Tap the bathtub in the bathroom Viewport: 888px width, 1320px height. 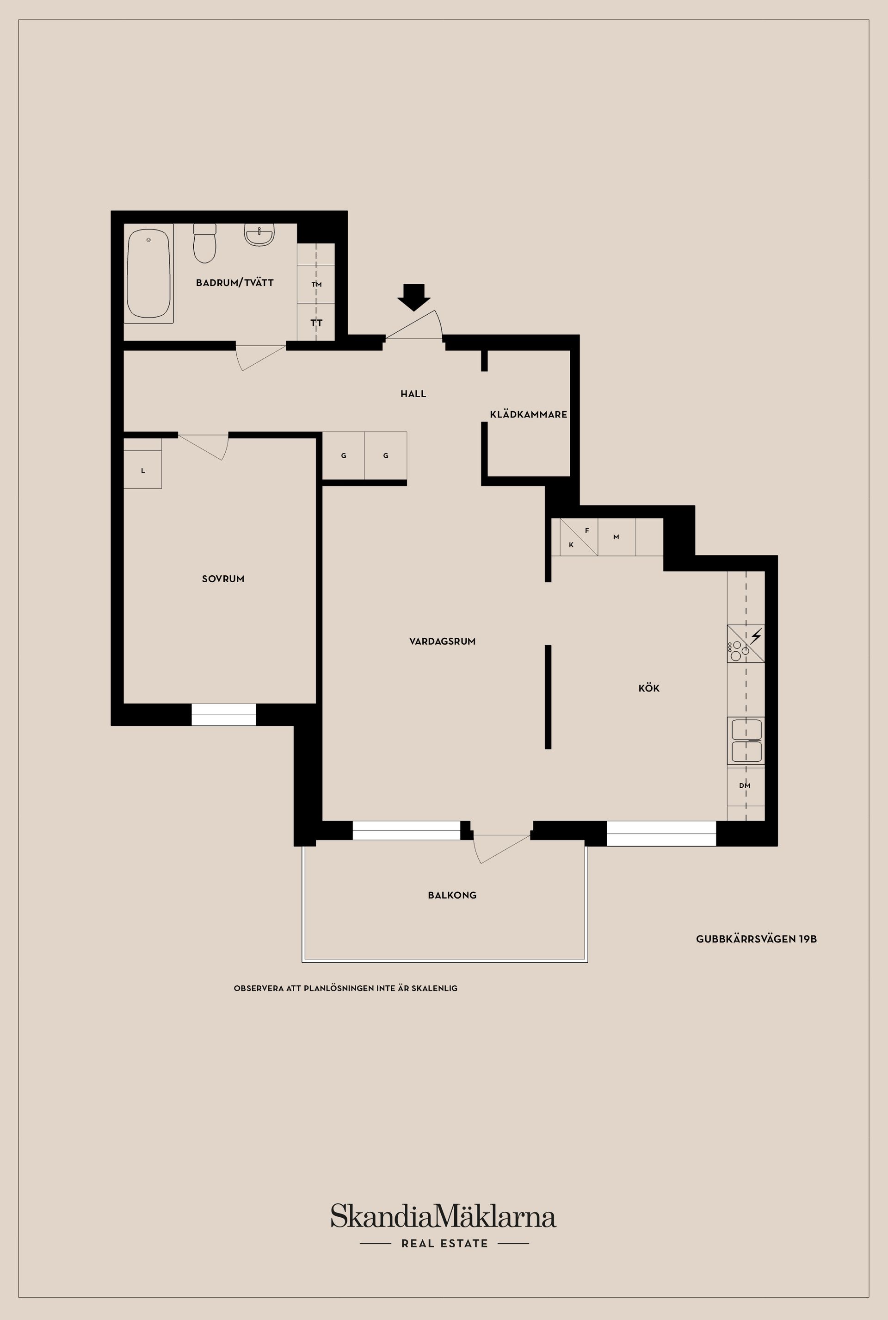point(148,273)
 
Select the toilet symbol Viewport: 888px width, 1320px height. point(204,243)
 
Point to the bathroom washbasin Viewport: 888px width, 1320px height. point(259,235)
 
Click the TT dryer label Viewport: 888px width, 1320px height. point(316,323)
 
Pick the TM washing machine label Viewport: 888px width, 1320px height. point(316,284)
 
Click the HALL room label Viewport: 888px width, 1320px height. point(413,394)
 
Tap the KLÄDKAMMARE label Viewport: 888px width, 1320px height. point(528,414)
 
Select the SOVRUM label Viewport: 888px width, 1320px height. point(223,579)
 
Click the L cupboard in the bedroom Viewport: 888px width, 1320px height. point(143,470)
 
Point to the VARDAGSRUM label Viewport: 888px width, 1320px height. point(442,641)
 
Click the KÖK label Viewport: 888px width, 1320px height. point(649,688)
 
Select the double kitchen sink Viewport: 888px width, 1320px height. point(746,741)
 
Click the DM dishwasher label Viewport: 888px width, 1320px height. point(745,785)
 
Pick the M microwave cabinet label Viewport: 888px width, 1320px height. point(616,537)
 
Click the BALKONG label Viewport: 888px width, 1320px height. point(452,896)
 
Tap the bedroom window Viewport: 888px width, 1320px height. point(224,715)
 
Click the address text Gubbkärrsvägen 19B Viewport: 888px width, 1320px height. point(756,939)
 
